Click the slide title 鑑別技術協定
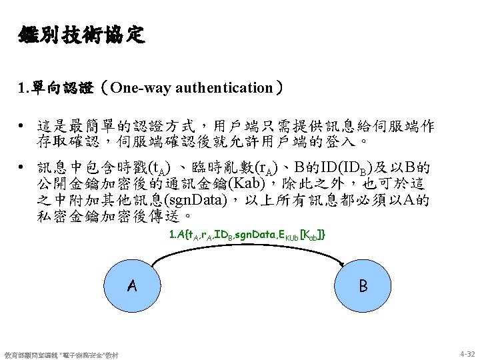[x=81, y=34]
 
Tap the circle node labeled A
[x=133, y=287]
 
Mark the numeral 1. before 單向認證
[x=25, y=87]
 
